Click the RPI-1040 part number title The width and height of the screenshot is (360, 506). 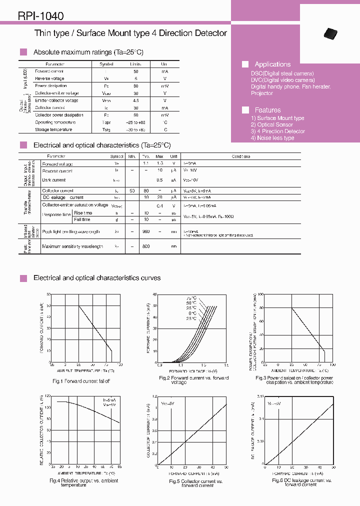coord(40,16)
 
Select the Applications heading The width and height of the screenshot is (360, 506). coord(272,64)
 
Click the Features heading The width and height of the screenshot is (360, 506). coord(267,110)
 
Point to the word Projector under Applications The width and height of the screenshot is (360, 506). coord(261,93)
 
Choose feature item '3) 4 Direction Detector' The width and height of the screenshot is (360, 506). coord(277,131)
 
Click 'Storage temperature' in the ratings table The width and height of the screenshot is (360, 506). coord(53,129)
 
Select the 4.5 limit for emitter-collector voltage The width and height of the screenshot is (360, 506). coord(135,100)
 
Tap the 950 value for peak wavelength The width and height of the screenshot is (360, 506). coord(146,231)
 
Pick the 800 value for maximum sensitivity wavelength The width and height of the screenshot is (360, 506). coord(146,246)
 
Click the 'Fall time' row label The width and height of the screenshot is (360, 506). coord(82,219)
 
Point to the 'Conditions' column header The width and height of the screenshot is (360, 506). coord(240,156)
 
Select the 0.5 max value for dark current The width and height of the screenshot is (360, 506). coord(159,180)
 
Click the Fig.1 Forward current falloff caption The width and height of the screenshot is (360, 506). coord(81,381)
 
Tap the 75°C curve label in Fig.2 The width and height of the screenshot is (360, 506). coord(191,298)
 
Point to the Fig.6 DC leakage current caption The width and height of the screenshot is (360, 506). coord(301,482)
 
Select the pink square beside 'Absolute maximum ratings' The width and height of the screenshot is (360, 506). coord(23,52)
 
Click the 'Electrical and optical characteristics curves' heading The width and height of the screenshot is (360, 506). coord(97,278)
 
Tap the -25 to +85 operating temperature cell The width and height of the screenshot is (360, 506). coord(135,122)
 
